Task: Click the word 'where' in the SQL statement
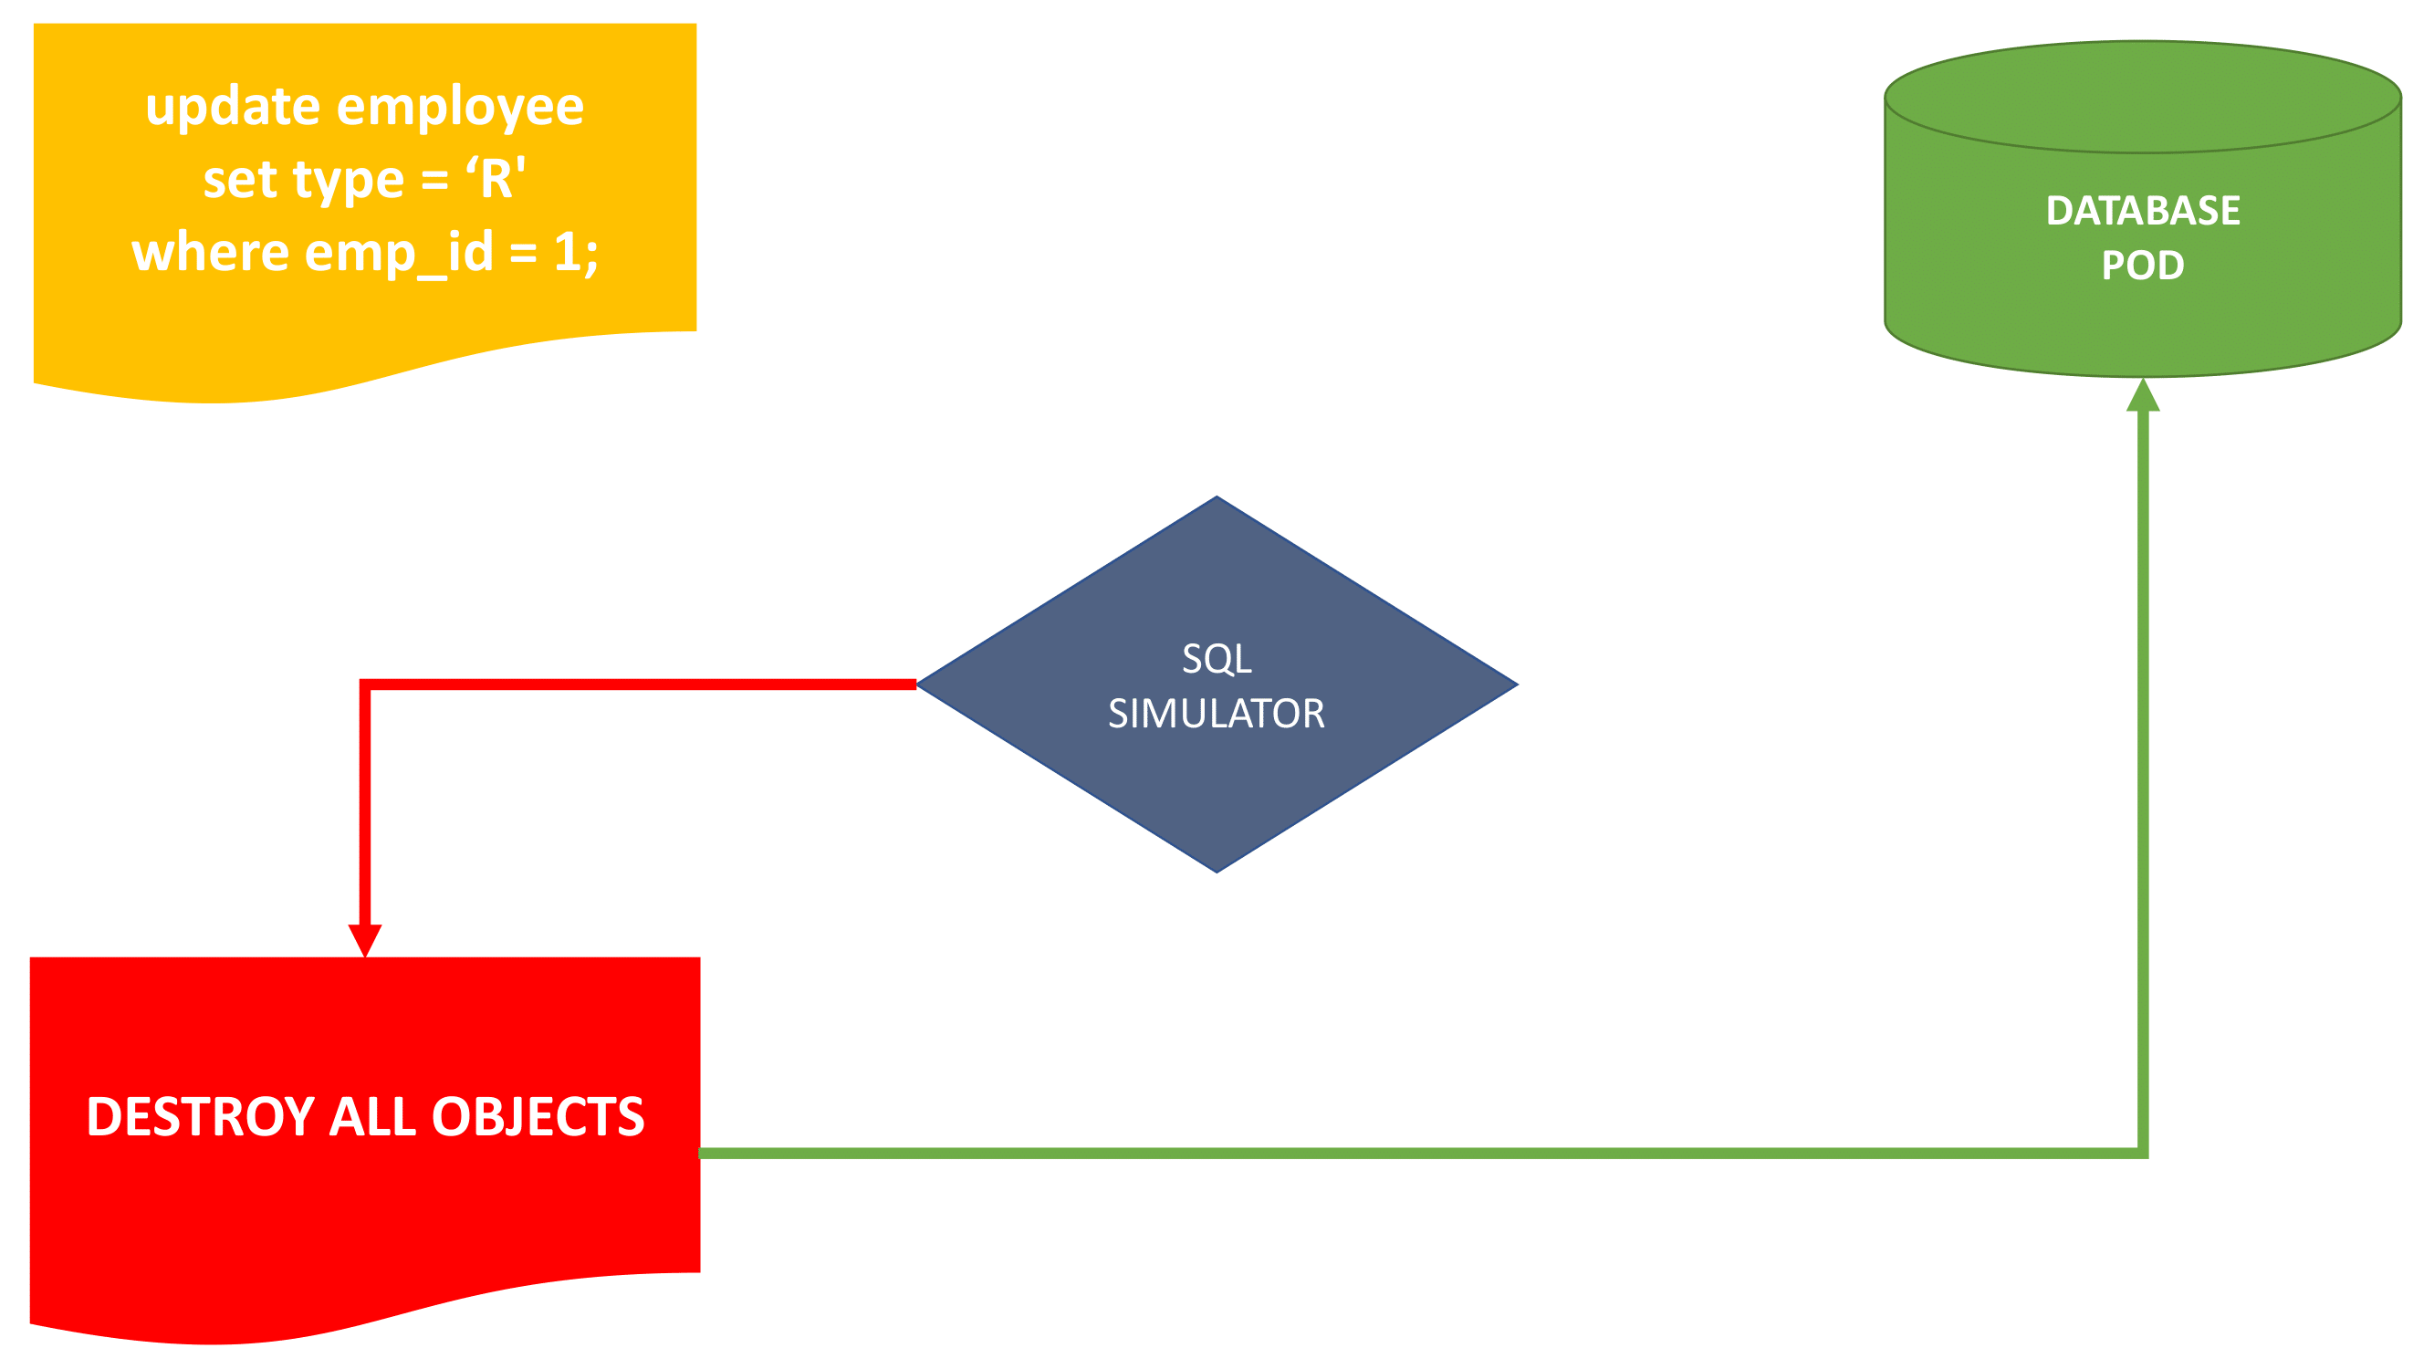click(210, 252)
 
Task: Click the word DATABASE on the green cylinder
click(2142, 211)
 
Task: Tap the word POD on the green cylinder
click(2142, 266)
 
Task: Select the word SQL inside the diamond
click(1216, 659)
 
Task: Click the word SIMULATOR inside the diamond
click(1216, 714)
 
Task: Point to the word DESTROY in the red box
click(199, 1117)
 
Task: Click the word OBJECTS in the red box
click(538, 1117)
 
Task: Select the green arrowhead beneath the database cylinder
click(2142, 396)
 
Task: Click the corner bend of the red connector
click(365, 684)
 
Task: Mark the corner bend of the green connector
click(2142, 1153)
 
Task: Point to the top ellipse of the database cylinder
click(2142, 97)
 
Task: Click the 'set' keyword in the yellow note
click(239, 180)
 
